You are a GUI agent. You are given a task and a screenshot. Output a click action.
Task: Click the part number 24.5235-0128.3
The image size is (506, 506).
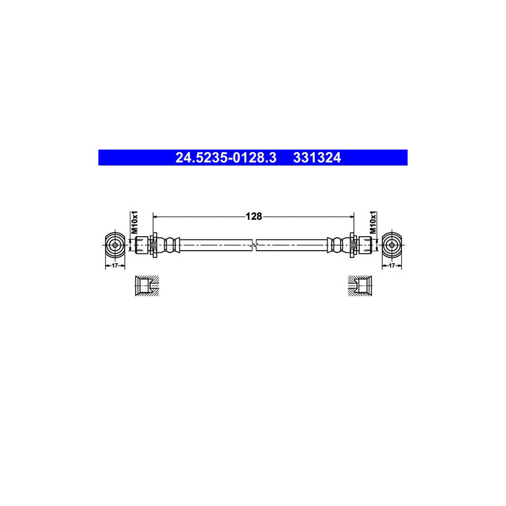pos(225,158)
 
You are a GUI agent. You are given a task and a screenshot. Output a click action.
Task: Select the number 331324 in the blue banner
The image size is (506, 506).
pos(317,158)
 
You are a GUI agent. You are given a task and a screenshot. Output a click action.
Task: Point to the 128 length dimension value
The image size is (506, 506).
pos(254,216)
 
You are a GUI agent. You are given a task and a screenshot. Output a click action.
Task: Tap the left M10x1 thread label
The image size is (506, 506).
pos(134,223)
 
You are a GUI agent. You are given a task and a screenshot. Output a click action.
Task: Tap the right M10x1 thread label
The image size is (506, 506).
pos(372,223)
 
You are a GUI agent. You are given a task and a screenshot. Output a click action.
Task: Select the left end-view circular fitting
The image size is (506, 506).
pos(114,245)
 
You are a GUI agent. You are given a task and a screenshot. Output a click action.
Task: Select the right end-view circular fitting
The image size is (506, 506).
pos(392,245)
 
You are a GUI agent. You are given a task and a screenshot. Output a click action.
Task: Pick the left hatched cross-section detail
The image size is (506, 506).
pos(147,286)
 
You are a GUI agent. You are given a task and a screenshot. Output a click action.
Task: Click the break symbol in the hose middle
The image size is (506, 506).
pos(256,245)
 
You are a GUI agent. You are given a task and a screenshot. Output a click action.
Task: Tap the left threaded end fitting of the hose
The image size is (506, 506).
pos(142,245)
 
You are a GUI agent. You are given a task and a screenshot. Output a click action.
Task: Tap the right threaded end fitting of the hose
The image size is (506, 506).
pos(364,245)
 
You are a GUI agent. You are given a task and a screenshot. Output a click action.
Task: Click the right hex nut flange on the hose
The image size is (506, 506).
pos(353,245)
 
